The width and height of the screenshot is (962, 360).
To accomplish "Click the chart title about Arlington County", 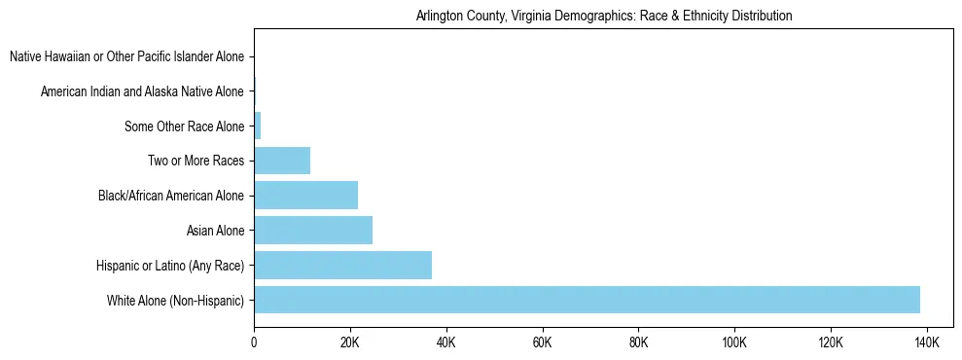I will [603, 16].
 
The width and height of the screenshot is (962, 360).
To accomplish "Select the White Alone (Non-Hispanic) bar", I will [587, 300].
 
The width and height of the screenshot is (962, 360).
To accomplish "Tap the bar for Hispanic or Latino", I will [342, 265].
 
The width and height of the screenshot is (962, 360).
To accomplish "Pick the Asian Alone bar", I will [313, 230].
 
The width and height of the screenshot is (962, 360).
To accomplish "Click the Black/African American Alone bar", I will [305, 195].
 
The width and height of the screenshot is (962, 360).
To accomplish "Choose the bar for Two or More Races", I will [282, 161].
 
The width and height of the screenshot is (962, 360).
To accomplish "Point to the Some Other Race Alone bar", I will [258, 126].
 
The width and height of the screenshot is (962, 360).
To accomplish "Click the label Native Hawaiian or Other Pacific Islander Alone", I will [126, 56].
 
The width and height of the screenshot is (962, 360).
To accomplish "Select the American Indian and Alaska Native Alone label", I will [142, 91].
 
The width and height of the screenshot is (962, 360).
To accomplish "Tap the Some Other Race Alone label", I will [185, 126].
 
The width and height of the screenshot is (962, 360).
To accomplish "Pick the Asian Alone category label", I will [215, 231].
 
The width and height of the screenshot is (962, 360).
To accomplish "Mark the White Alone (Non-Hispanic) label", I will [175, 300].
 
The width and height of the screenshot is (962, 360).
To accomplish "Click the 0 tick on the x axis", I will [254, 342].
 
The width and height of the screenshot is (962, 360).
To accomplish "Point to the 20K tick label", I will [350, 342].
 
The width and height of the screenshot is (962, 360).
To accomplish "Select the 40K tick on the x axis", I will [446, 342].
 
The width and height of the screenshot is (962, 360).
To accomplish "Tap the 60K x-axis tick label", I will [543, 342].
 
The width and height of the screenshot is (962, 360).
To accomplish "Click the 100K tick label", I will [734, 342].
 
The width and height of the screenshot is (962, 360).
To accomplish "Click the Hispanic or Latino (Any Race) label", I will [170, 266].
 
